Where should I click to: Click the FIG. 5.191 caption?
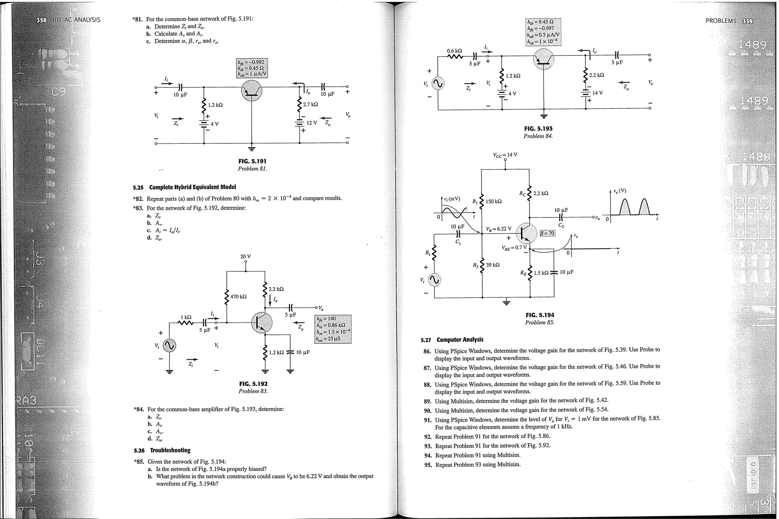tap(252, 161)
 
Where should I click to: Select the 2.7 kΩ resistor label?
tap(310, 104)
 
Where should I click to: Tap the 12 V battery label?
tap(312, 123)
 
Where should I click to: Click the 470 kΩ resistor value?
tap(238, 296)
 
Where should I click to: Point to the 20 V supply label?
tap(246, 257)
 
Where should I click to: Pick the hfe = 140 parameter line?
tap(326, 319)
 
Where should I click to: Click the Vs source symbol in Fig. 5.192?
tap(169, 345)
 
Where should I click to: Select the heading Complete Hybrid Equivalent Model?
tap(192, 187)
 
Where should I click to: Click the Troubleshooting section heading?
tap(170, 450)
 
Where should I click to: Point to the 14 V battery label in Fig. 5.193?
tap(598, 93)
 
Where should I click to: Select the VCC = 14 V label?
tap(505, 155)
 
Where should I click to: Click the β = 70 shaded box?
tap(548, 233)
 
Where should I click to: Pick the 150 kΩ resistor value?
tap(494, 201)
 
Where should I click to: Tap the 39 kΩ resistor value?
tap(493, 265)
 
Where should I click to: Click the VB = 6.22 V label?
tap(498, 229)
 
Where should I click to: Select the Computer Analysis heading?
tap(460, 340)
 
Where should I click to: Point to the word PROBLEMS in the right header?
tap(721, 21)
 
